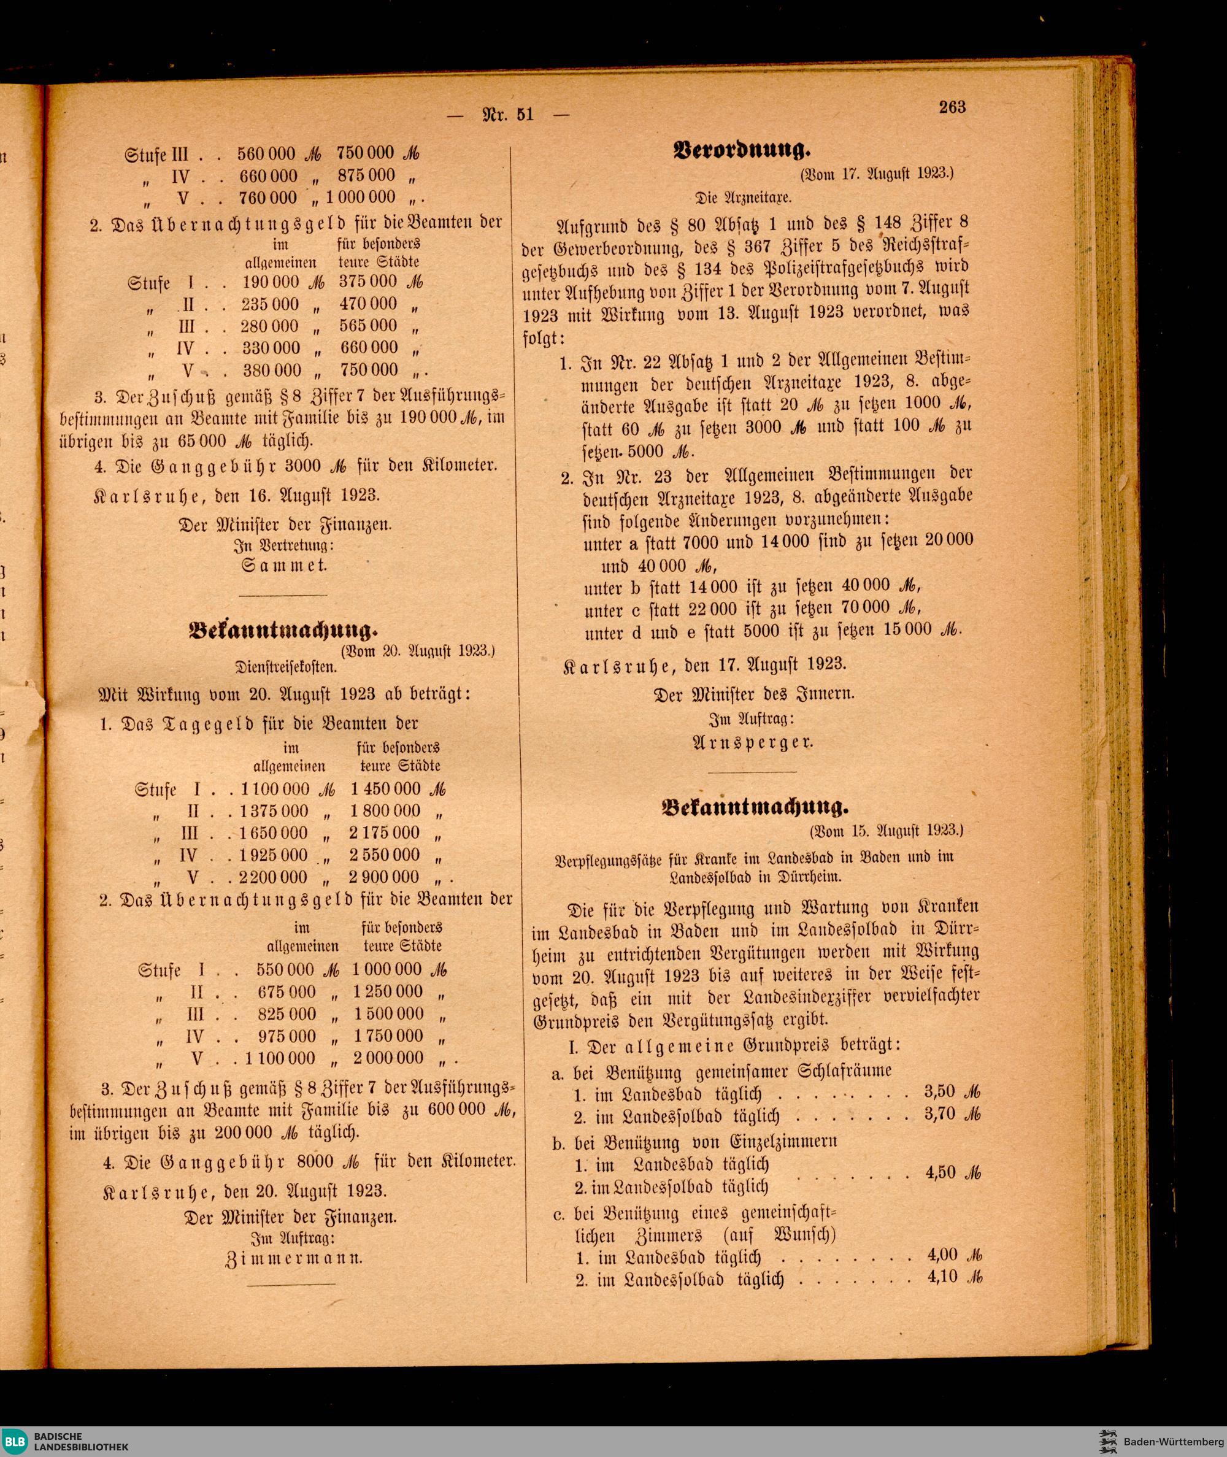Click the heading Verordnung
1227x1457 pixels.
(742, 150)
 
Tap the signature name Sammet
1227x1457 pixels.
(284, 565)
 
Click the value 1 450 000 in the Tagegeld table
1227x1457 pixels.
(385, 789)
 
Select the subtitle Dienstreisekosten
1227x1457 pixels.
(285, 666)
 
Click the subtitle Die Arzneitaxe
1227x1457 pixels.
(742, 198)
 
